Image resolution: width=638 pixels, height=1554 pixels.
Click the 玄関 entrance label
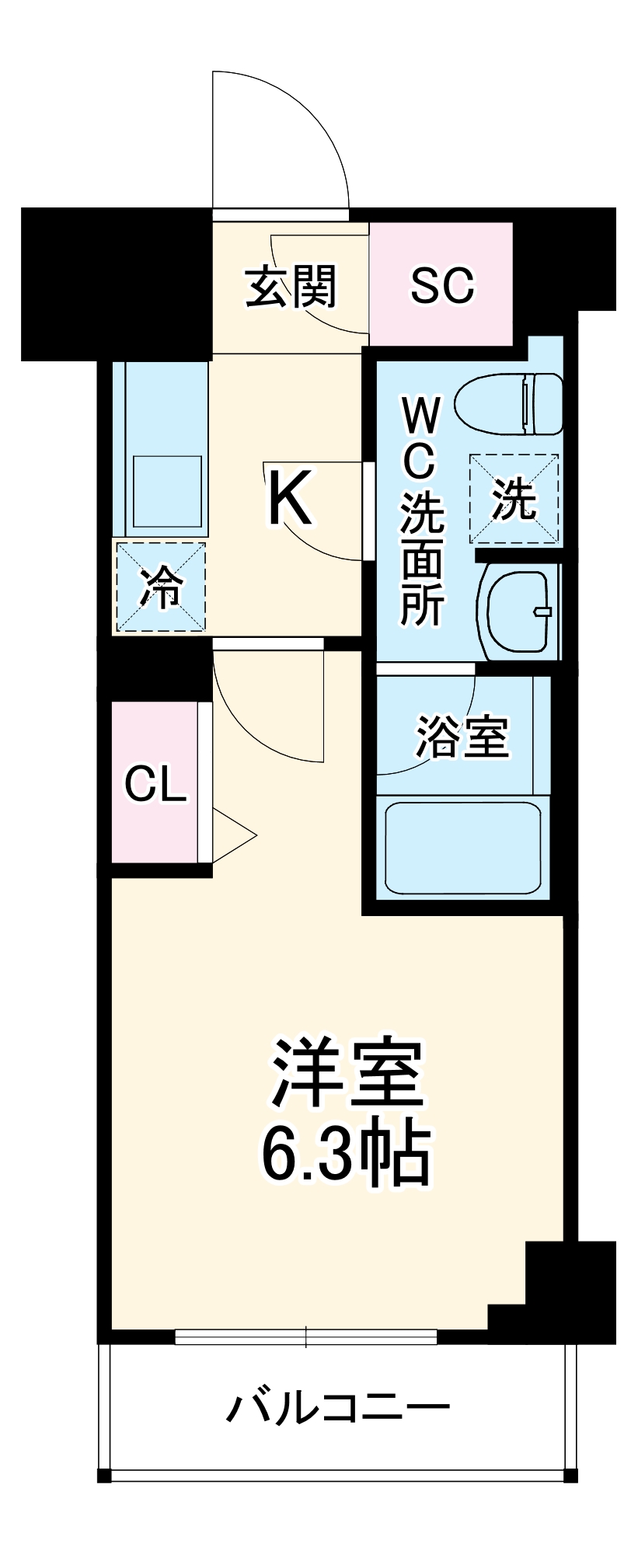tap(291, 287)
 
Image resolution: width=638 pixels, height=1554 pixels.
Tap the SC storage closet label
tap(441, 285)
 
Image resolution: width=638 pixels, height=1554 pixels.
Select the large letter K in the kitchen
tap(289, 500)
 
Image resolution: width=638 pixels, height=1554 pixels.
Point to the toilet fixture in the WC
tap(509, 403)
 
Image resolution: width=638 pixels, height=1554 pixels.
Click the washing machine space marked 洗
tap(514, 499)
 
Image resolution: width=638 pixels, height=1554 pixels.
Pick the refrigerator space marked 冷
tap(161, 587)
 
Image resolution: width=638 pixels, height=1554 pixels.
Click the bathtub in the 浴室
tap(463, 848)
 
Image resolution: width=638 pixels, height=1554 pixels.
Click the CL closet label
tap(155, 784)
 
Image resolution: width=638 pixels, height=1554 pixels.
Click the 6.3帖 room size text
tap(345, 1152)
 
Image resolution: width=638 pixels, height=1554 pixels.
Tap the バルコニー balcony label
tap(338, 1407)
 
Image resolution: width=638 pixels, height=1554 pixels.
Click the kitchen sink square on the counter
tap(167, 492)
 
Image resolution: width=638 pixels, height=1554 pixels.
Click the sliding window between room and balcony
tap(306, 1336)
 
